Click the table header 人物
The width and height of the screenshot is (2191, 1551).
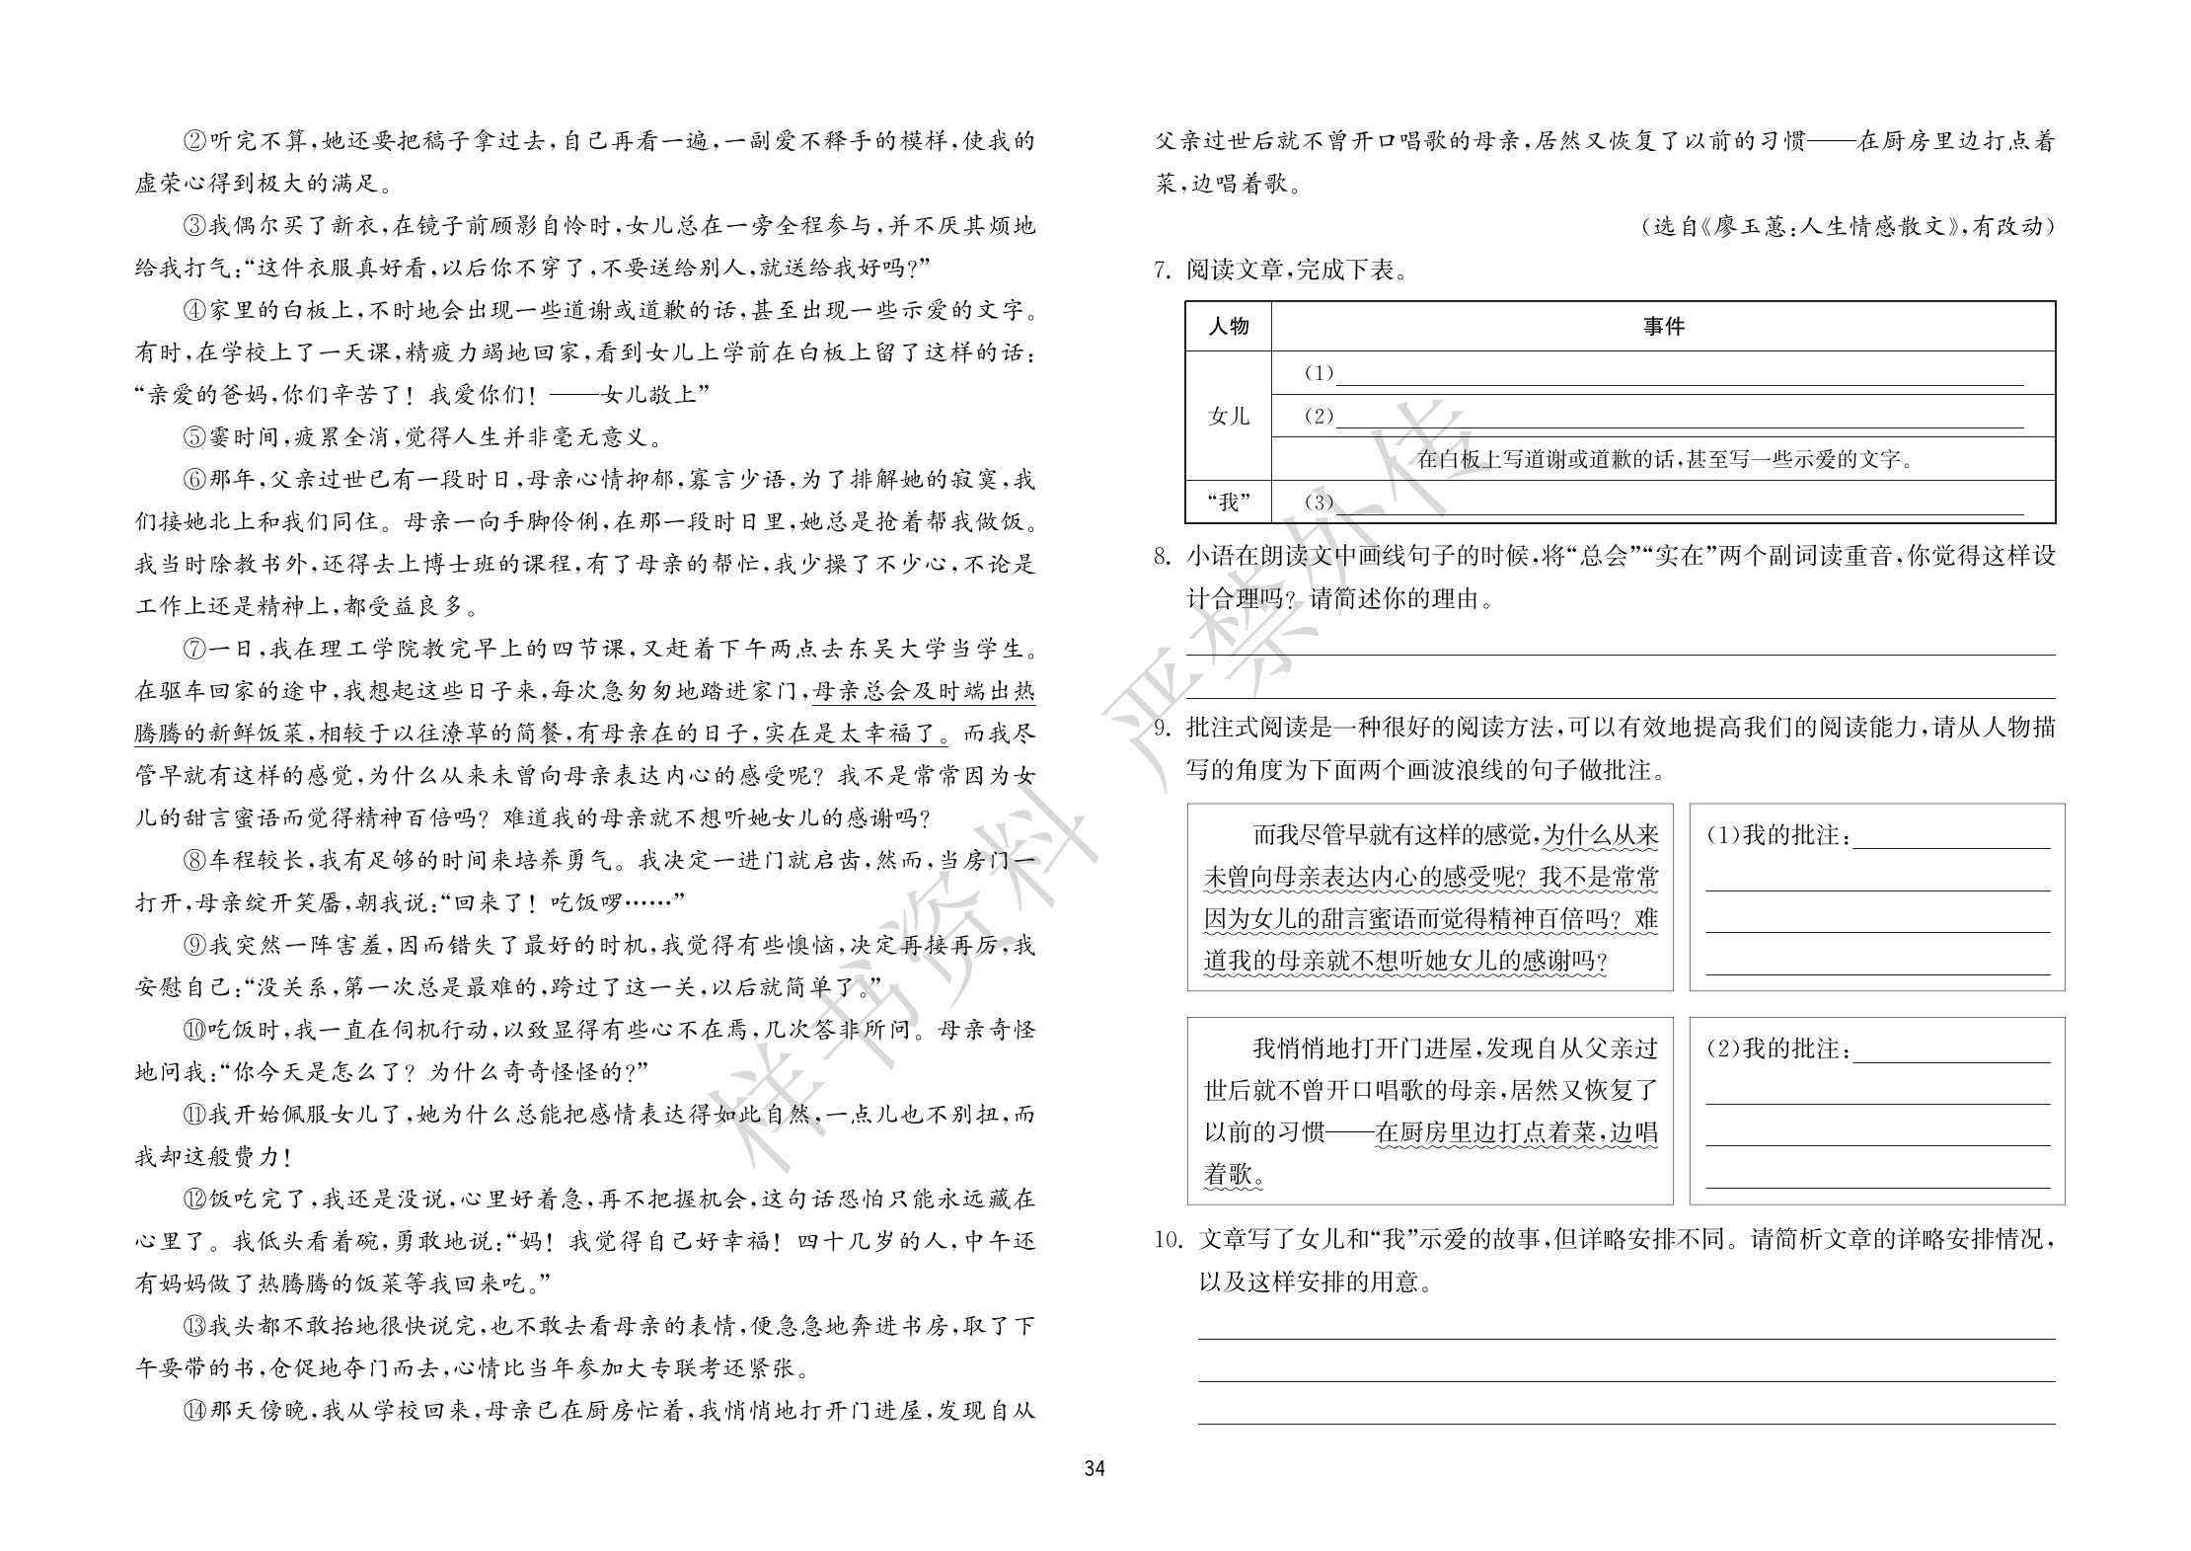[1228, 327]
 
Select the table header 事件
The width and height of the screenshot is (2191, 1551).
[1663, 327]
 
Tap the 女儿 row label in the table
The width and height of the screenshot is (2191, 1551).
[1228, 417]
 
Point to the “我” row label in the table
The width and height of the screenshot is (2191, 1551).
[1228, 502]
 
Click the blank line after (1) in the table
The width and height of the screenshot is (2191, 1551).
[1678, 375]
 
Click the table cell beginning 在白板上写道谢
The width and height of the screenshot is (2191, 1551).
[1663, 459]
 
